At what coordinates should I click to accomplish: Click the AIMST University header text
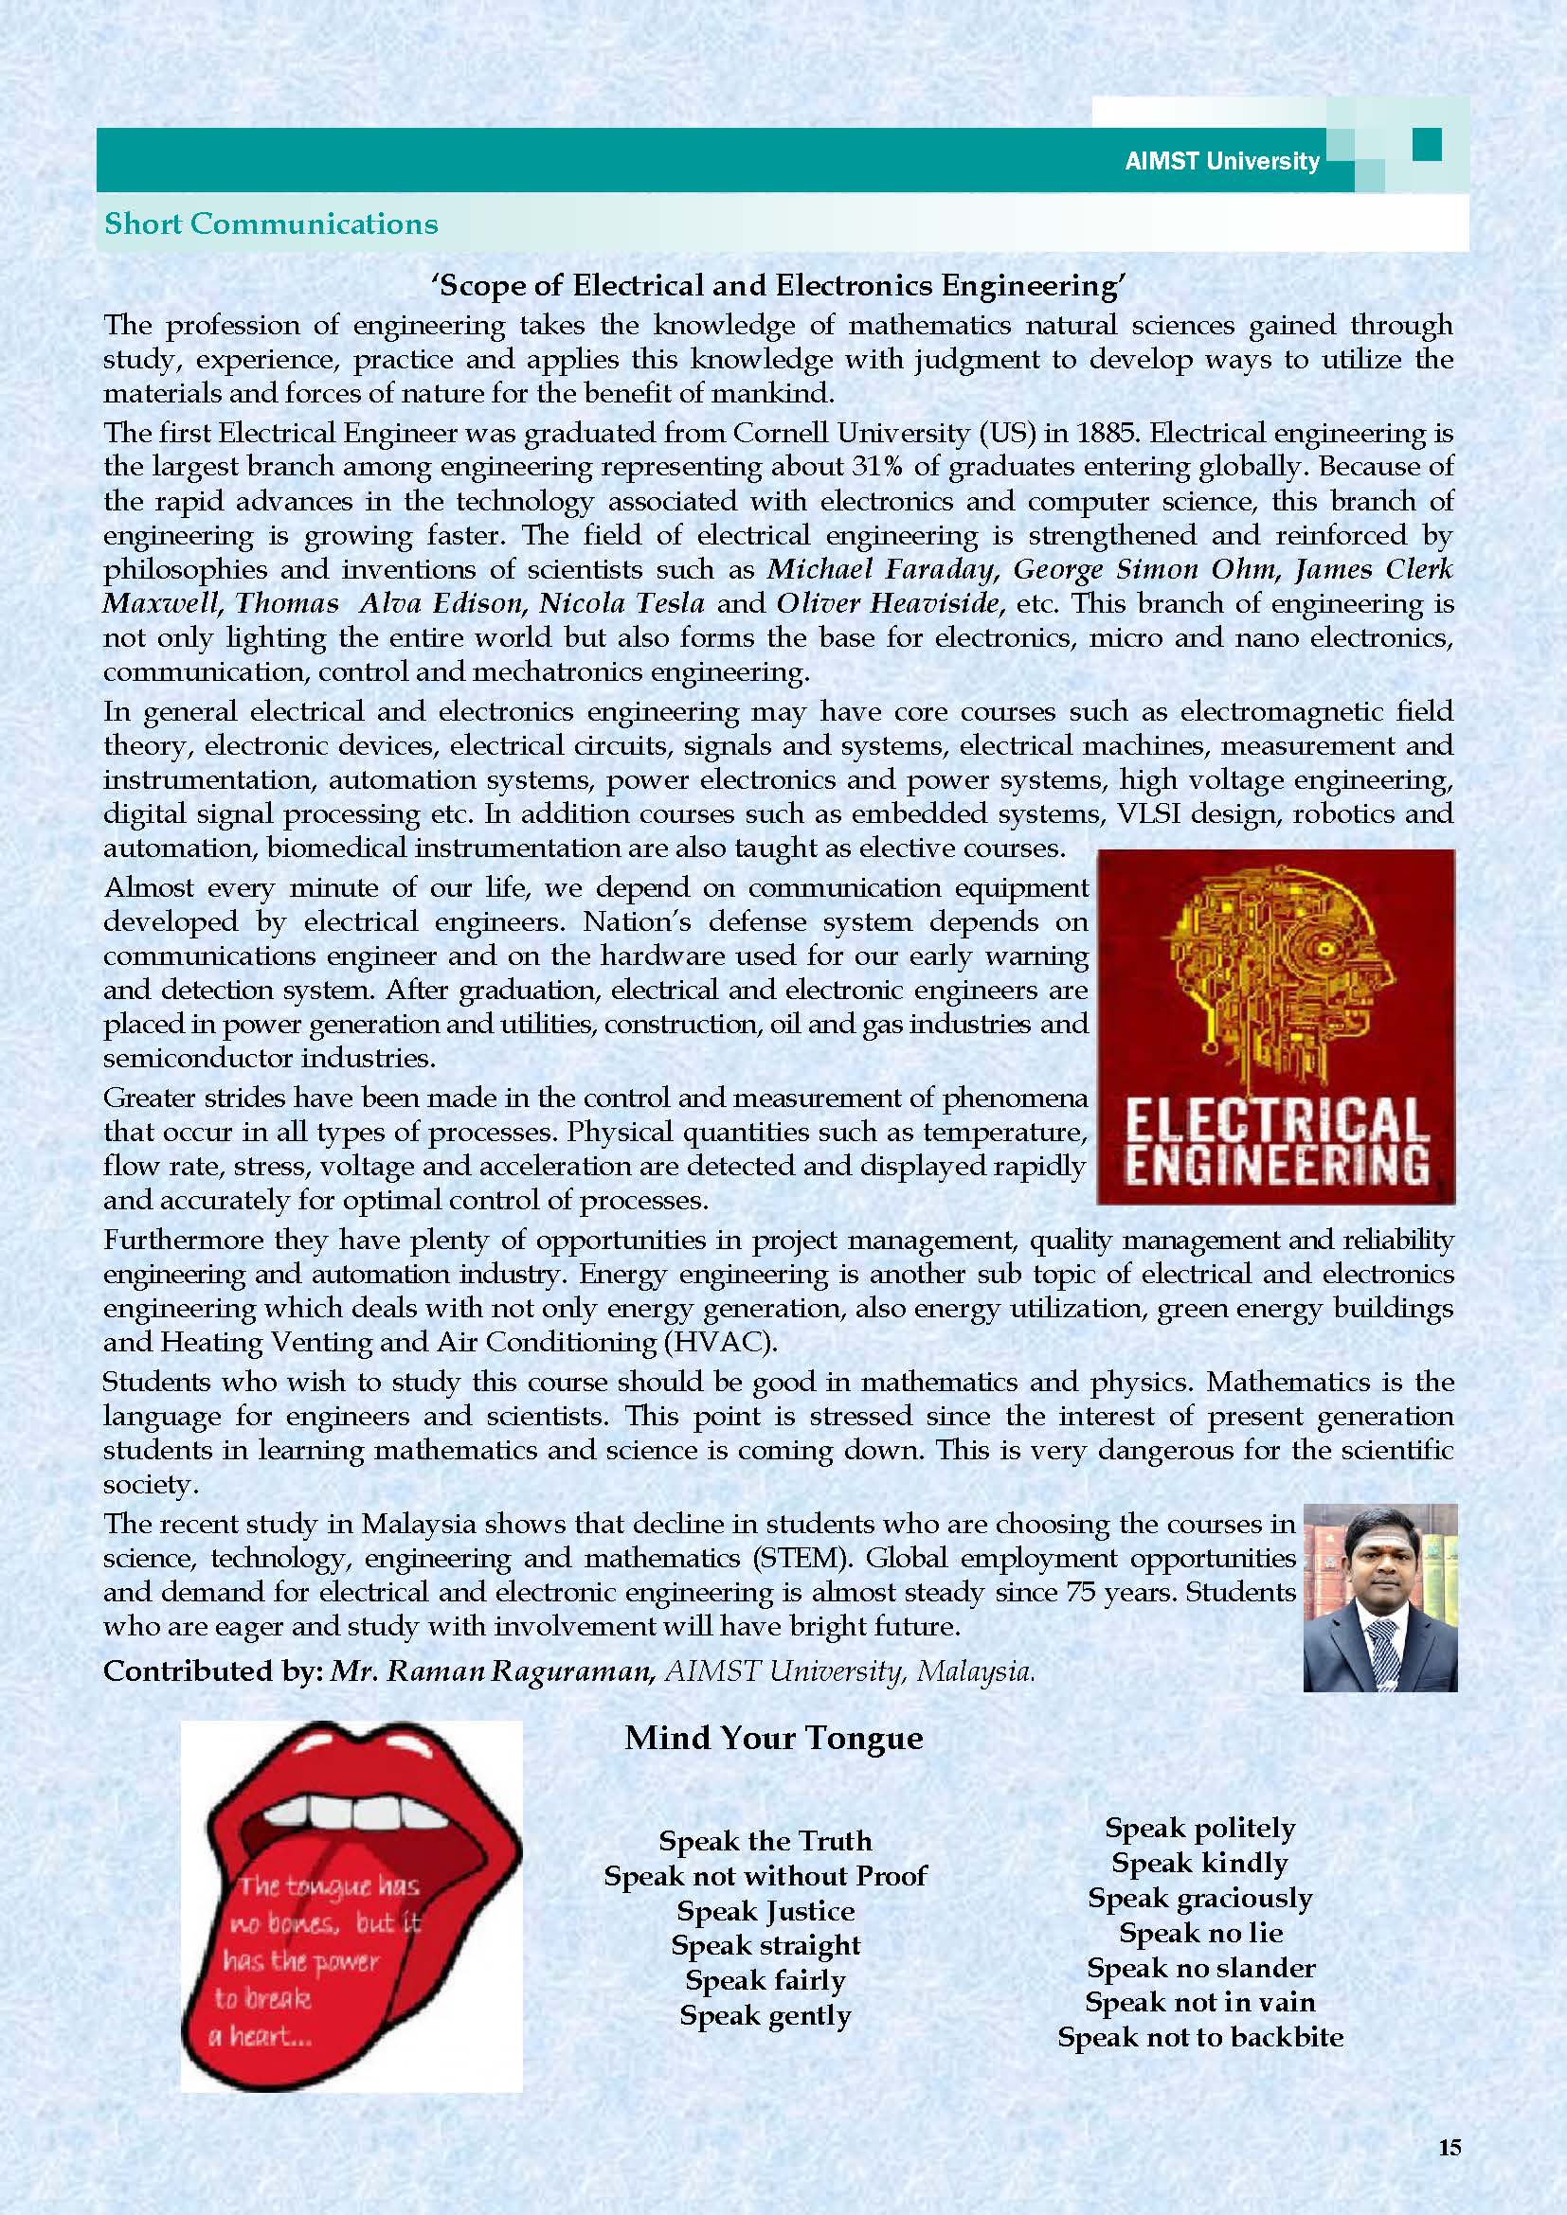tap(1220, 162)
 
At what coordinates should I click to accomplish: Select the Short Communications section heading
tap(271, 223)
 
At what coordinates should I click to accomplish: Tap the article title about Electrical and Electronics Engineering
tap(780, 286)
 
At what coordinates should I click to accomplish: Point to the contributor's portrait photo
tap(1379, 1597)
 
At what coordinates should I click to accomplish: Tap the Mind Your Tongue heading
tap(774, 1739)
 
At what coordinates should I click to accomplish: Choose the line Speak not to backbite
tap(1200, 2037)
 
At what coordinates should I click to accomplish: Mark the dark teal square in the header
tap(1426, 145)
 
